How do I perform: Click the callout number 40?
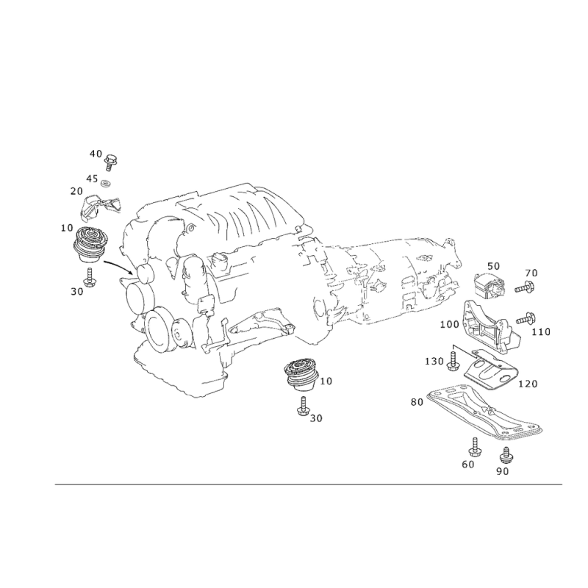(96, 154)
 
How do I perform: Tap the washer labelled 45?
(107, 184)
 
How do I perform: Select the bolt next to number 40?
(110, 162)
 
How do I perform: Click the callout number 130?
(434, 361)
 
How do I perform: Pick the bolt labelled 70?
(525, 288)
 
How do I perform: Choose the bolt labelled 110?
(526, 319)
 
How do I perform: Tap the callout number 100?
(449, 324)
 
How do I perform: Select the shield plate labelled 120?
(491, 370)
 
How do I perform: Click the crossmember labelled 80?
(486, 412)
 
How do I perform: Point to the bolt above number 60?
(473, 447)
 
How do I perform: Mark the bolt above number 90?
(505, 454)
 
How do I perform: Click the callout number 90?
(503, 471)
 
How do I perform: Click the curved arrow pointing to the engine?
(118, 265)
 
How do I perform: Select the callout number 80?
(417, 402)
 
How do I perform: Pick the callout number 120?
(528, 384)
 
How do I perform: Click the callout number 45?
(92, 179)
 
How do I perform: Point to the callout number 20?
(76, 191)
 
